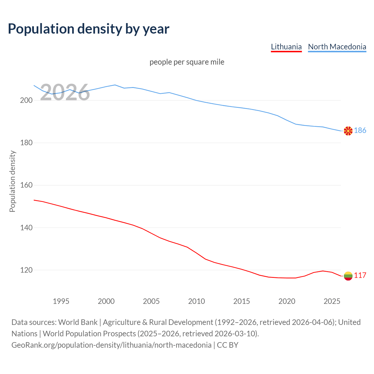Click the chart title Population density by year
point(89,29)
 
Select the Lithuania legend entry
point(286,47)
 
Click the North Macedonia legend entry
point(337,47)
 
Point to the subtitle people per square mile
point(187,62)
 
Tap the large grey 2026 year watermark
point(65,93)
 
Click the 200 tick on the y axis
point(26,100)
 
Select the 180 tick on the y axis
point(26,143)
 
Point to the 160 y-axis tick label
point(26,185)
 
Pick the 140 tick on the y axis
point(26,228)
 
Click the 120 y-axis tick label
point(26,270)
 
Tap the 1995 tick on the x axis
point(61,301)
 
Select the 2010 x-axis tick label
point(196,301)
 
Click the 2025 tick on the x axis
point(332,301)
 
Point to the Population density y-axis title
point(12,181)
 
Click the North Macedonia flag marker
point(348,131)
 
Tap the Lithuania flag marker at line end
point(348,276)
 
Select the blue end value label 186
point(360,131)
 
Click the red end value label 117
point(360,276)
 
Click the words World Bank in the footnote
point(78,322)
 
